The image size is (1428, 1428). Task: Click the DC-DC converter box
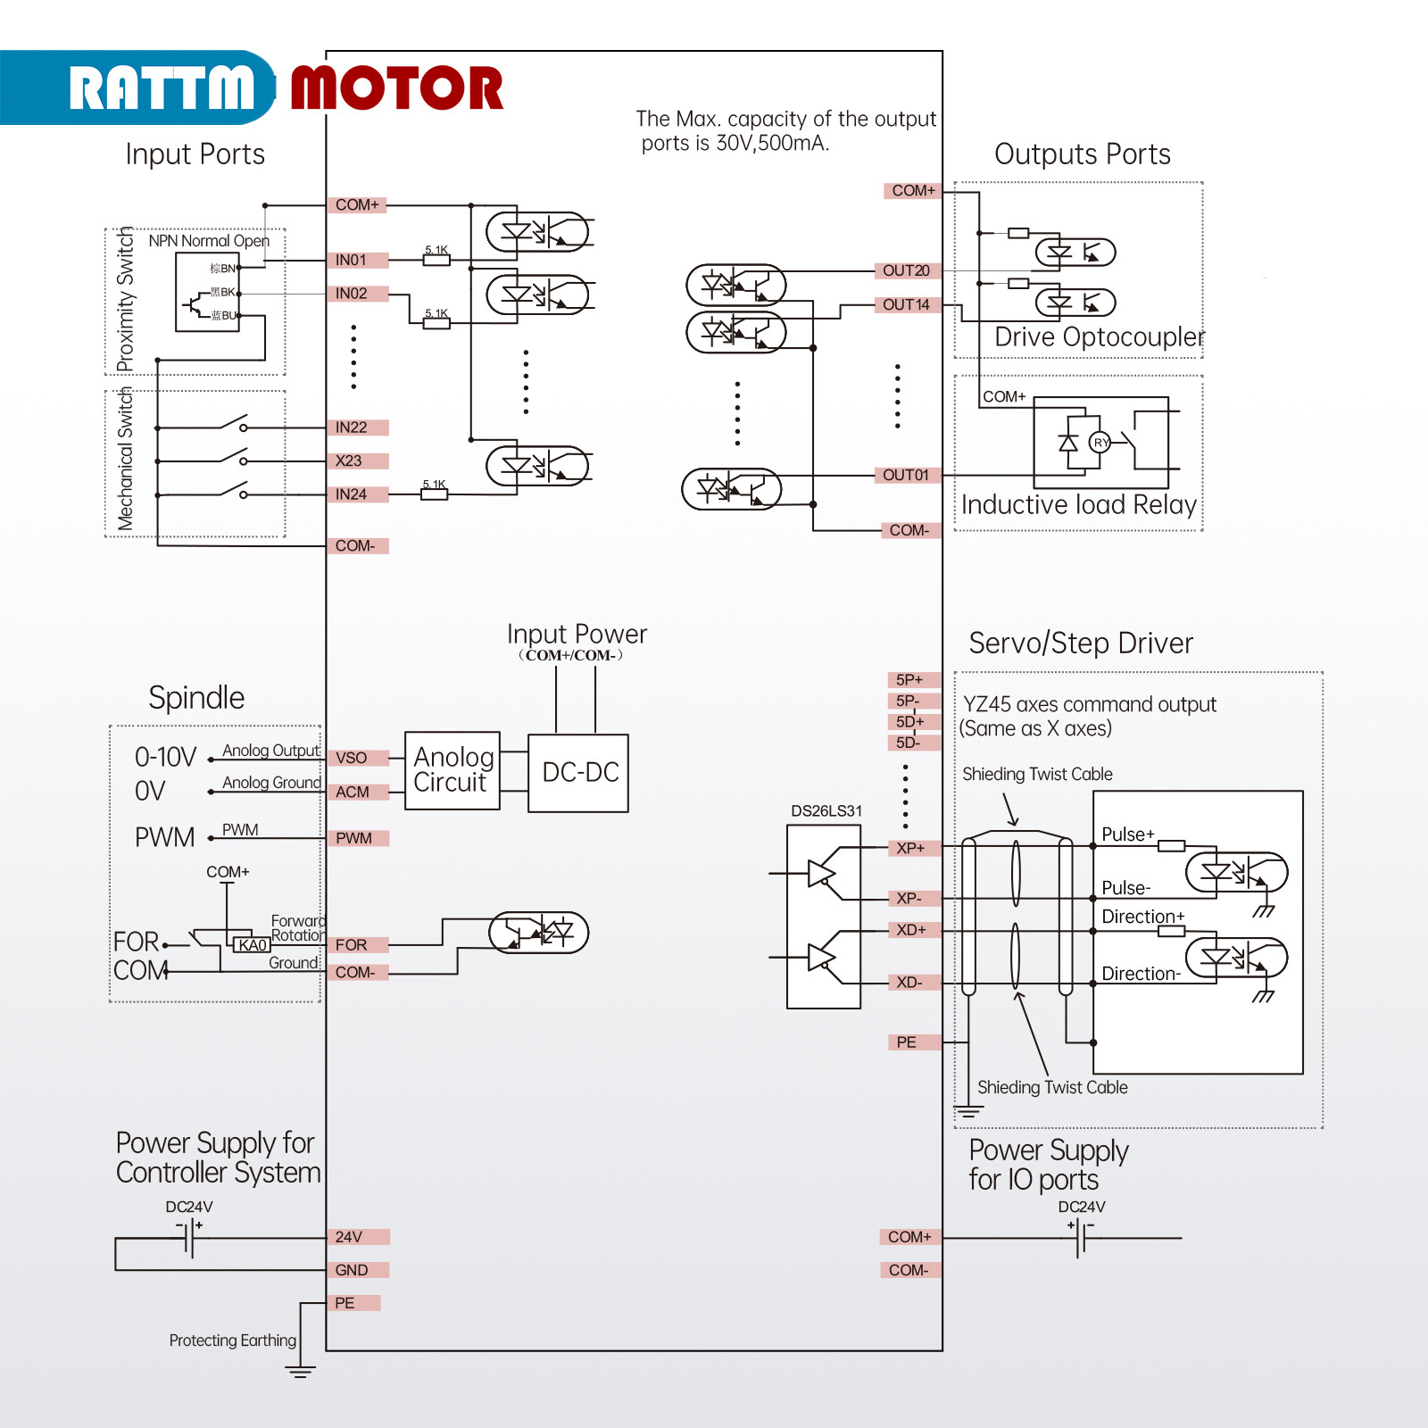[578, 773]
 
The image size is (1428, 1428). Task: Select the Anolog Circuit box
[452, 771]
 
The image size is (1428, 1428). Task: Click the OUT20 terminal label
[906, 271]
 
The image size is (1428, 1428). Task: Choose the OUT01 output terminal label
[906, 476]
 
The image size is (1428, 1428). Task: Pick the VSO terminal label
[352, 759]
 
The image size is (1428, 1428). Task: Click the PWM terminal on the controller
[354, 839]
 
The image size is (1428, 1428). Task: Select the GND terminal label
[352, 1271]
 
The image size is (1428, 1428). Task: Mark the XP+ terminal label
[910, 849]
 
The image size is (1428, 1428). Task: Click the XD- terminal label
[909, 983]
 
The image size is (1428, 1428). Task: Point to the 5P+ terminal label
[909, 680]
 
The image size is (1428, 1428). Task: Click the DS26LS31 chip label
[826, 811]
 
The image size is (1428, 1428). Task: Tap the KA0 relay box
[253, 945]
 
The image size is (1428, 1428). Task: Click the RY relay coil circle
[1100, 443]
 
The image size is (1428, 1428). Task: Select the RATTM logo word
[161, 88]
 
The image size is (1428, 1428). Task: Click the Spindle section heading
[196, 698]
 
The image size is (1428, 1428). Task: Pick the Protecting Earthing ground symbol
[300, 1370]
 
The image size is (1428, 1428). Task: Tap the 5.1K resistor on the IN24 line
[435, 494]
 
